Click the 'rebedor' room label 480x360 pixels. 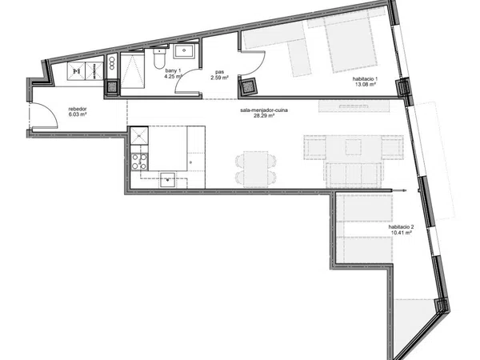click(78, 109)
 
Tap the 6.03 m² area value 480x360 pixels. click(78, 114)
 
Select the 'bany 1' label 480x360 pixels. click(174, 71)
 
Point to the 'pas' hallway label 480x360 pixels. click(219, 73)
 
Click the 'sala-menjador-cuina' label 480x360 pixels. click(264, 110)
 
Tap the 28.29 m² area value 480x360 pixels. click(264, 116)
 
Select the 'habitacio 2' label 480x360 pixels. click(401, 227)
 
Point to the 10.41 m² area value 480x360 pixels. click(401, 233)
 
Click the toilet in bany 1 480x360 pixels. click(159, 58)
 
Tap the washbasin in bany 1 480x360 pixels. click(184, 51)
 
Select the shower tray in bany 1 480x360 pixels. click(133, 70)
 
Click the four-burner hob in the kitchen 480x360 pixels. click(139, 162)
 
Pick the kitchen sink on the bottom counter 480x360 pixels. click(167, 180)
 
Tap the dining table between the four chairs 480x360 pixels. click(256, 170)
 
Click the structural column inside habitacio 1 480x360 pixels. click(247, 86)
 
